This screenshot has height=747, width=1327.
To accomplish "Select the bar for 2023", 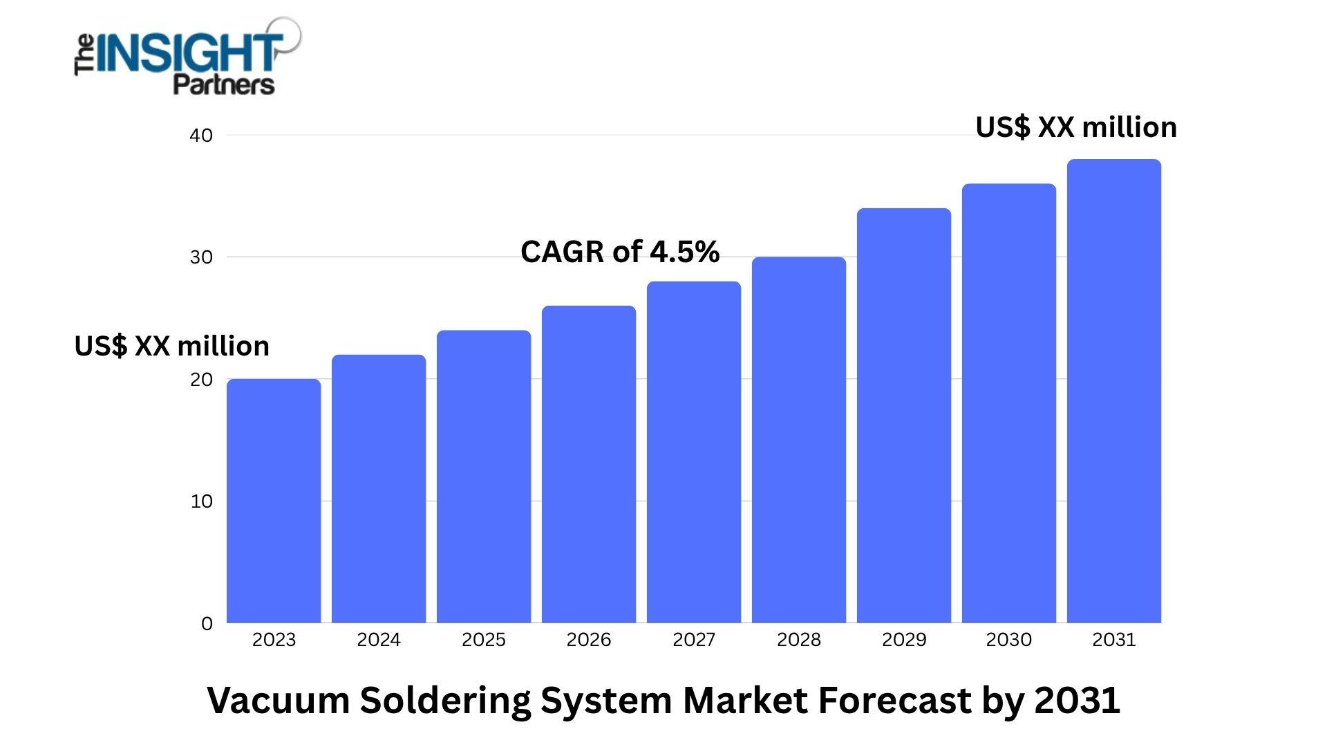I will click(274, 501).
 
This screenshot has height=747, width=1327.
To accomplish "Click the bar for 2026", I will click(589, 464).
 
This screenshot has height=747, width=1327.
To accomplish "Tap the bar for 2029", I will click(904, 415).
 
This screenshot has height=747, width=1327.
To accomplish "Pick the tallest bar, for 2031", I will click(1114, 391).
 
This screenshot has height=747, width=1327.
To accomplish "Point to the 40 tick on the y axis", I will click(201, 136).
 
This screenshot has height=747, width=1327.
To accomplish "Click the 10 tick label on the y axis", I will click(201, 501).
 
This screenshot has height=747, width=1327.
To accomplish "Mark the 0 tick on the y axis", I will click(207, 624).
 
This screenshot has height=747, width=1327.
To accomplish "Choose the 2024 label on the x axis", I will click(379, 640).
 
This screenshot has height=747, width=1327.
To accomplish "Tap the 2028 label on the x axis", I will click(799, 640).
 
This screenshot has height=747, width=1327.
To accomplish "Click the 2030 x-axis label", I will click(1009, 640).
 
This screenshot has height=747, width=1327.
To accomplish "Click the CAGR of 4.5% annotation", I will click(620, 252).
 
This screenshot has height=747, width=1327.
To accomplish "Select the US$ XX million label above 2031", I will click(1076, 128).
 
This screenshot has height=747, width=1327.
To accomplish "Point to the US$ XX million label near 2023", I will click(171, 346).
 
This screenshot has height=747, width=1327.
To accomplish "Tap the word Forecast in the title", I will click(895, 700).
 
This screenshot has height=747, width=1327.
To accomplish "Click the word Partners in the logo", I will click(223, 85).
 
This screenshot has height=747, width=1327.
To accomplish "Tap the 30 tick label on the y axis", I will click(201, 257).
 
